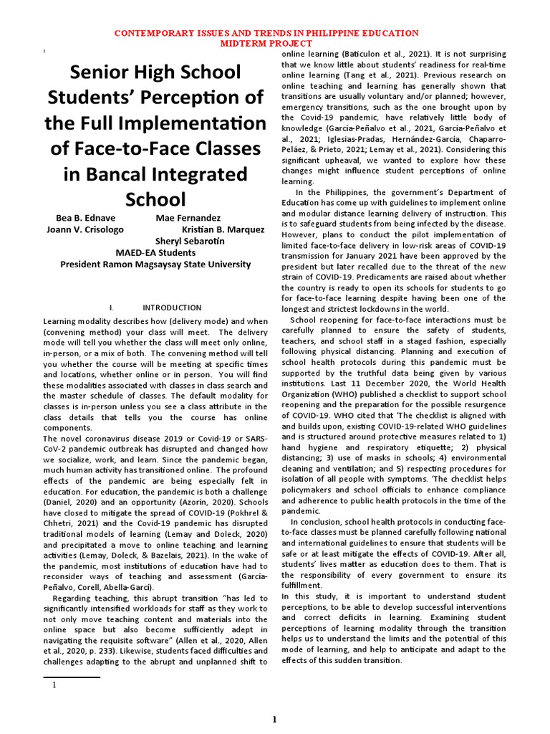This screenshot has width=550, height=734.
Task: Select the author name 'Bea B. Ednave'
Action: point(85,217)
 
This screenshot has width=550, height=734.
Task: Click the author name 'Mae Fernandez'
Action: point(188,217)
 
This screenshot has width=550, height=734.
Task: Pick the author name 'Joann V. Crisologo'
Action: point(85,229)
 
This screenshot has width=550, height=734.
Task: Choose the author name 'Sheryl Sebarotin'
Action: point(190,241)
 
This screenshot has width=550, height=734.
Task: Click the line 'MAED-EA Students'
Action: point(155,252)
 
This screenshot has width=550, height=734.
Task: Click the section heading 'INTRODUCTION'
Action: point(172,308)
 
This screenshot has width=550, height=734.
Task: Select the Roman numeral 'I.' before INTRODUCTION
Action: point(112,308)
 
